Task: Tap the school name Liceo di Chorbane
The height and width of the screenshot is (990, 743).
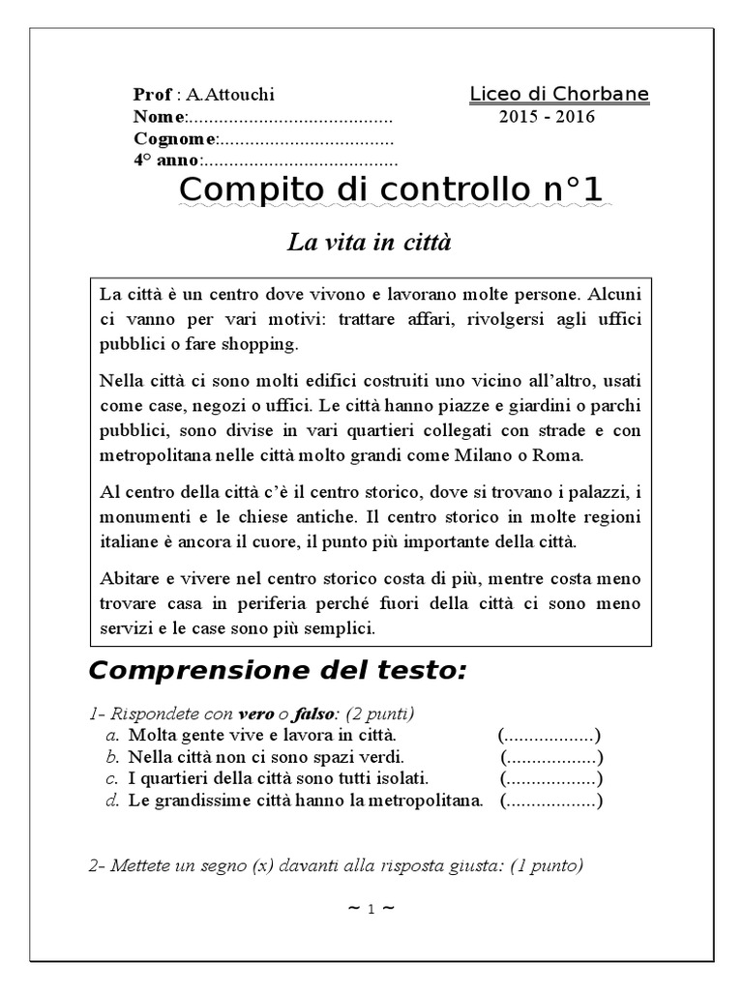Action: point(559,94)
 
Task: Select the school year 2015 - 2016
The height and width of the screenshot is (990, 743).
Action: point(547,117)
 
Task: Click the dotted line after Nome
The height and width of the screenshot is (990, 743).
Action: point(289,118)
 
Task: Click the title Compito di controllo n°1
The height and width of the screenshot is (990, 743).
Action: point(391,190)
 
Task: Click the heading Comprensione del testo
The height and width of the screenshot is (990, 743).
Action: point(277,669)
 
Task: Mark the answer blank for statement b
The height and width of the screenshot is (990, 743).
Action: point(551,757)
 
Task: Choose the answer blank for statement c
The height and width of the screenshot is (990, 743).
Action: point(551,778)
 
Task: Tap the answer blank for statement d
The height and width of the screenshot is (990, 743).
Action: point(551,801)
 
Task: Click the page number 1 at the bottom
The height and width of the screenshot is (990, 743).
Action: point(370,909)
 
